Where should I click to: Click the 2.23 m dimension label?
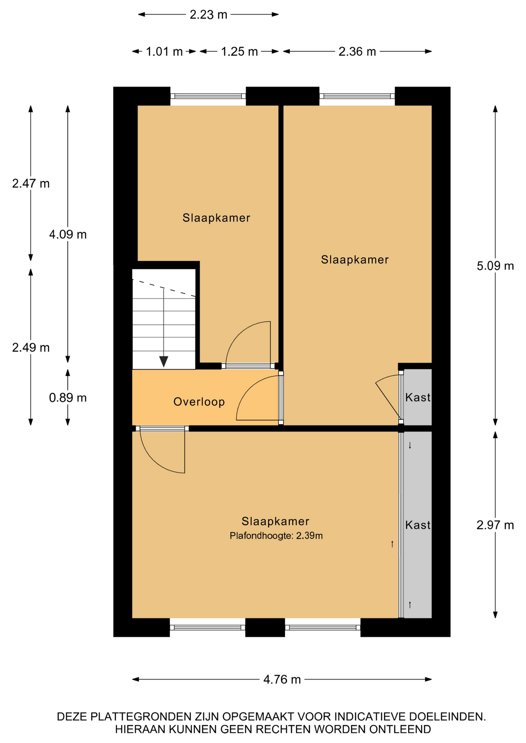(x=208, y=15)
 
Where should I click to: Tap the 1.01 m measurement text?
(x=164, y=51)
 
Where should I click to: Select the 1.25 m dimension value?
(x=239, y=51)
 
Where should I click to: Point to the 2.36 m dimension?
(x=357, y=51)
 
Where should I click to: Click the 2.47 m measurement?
(x=31, y=183)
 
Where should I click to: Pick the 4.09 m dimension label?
(x=68, y=235)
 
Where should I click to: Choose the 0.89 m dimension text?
(x=68, y=398)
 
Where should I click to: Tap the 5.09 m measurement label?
(x=495, y=266)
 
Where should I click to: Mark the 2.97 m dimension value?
(x=495, y=525)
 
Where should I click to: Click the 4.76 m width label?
(x=282, y=680)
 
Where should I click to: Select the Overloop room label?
(x=199, y=402)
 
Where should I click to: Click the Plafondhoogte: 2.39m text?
(x=276, y=536)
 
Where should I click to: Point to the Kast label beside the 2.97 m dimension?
(x=418, y=525)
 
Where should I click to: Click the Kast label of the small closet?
(x=418, y=397)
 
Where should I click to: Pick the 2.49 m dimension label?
(x=31, y=348)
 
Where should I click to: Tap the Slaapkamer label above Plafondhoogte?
(x=275, y=522)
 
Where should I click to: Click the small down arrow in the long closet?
(x=410, y=445)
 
